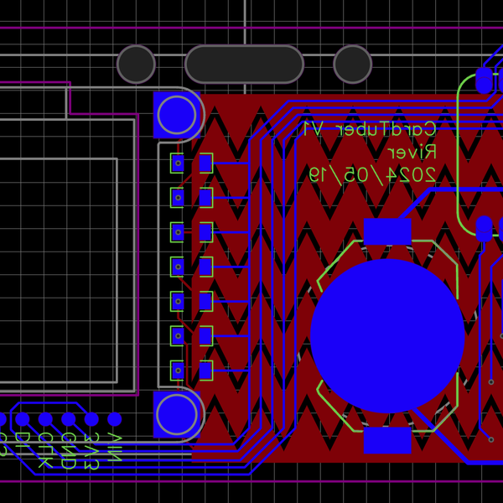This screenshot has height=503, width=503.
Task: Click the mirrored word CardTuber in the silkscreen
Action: [394, 129]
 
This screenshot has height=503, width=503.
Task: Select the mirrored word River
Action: [412, 152]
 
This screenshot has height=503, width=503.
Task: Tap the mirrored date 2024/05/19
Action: [372, 174]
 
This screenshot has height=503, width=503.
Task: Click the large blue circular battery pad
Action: [387, 335]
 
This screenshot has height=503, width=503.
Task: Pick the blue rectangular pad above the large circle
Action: [387, 231]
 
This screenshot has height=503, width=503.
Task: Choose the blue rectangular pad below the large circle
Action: [387, 440]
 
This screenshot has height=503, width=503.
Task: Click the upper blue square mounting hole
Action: [177, 114]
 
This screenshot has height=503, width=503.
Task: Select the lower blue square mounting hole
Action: [177, 414]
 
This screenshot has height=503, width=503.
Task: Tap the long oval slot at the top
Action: [244, 65]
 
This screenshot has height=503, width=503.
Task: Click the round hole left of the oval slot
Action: [136, 65]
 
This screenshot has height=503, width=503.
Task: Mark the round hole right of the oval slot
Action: [353, 65]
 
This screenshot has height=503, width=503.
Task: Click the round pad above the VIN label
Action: [115, 419]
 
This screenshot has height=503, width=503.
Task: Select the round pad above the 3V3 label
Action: [91, 419]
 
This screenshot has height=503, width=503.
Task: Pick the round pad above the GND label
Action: [69, 419]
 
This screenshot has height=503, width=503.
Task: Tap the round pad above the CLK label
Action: [45, 419]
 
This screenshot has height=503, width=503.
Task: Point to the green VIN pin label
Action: [115, 449]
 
